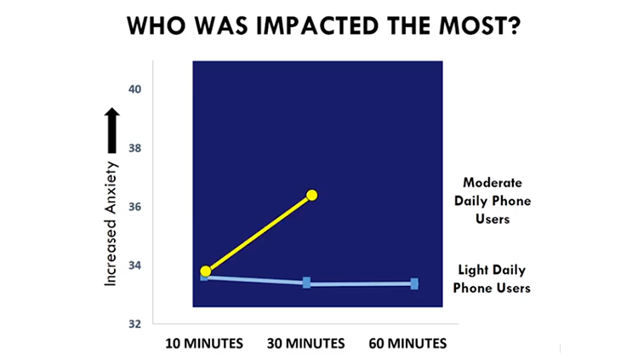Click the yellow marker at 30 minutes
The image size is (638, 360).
click(311, 196)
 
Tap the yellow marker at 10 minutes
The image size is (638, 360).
click(206, 271)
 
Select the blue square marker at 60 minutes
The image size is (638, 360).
click(414, 284)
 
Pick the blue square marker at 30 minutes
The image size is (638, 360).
click(306, 283)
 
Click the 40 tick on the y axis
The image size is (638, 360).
click(134, 89)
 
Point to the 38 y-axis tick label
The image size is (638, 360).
click(134, 148)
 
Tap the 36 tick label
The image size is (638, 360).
click(134, 207)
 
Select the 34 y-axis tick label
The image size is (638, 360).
click(134, 266)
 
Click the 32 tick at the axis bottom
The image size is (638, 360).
click(134, 323)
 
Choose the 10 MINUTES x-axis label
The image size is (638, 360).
click(204, 343)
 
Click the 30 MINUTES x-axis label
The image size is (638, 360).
click(306, 343)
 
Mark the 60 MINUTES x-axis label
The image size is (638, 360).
click(407, 343)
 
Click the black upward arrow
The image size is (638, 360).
click(112, 130)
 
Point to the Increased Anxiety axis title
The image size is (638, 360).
click(111, 224)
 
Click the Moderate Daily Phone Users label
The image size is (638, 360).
click(493, 201)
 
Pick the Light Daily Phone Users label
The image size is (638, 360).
click(492, 279)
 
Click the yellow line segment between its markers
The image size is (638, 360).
click(259, 233)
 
